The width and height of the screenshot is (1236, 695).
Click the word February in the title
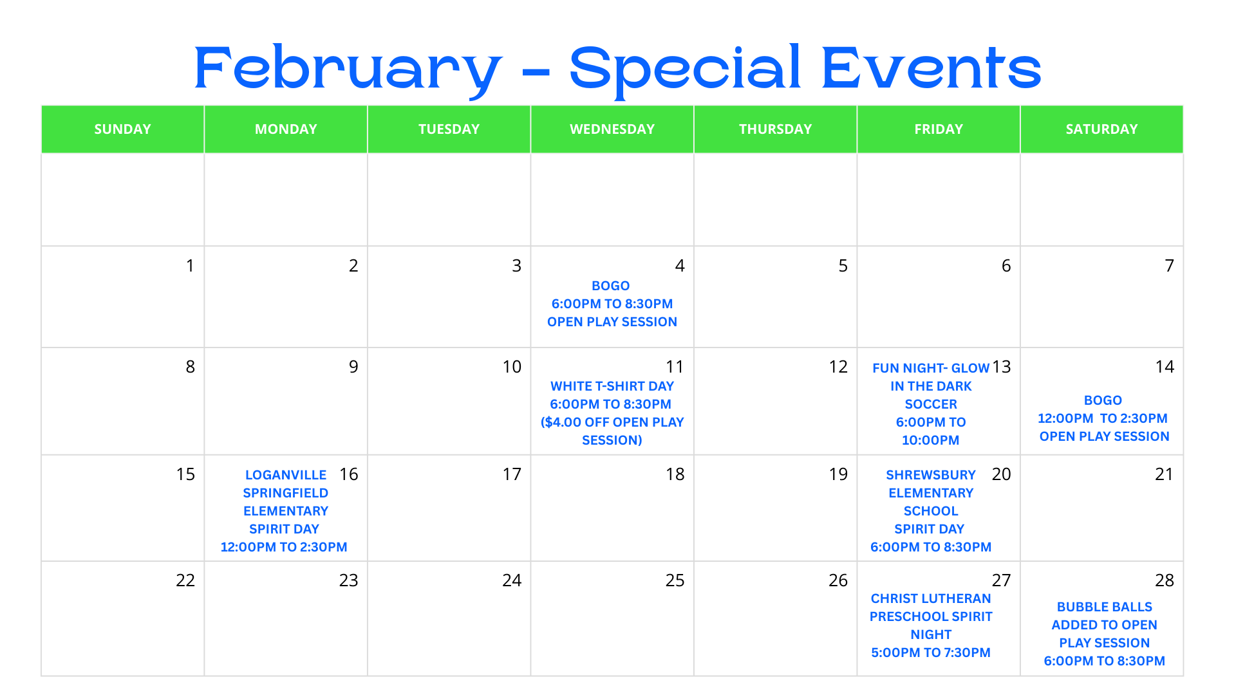coord(348,68)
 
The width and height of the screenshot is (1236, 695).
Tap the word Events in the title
coord(931,68)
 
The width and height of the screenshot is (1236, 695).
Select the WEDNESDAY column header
coord(612,129)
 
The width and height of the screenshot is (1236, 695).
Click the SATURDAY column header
coord(1101,129)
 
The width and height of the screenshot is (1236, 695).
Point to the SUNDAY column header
coord(122,129)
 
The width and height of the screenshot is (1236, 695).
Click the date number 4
coord(680,266)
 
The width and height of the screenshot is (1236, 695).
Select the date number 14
coord(1164,367)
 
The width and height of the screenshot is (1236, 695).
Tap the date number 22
coord(185,580)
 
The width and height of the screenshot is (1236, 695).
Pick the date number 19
coord(838,474)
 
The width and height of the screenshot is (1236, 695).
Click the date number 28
coord(1164,580)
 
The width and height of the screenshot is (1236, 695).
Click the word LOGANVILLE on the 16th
coord(286,475)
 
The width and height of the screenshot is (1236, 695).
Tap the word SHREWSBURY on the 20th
coord(930,475)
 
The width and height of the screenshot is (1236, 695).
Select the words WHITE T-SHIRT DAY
coord(612,386)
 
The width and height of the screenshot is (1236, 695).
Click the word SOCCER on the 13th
coord(931,404)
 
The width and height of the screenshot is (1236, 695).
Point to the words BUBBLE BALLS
coord(1104,607)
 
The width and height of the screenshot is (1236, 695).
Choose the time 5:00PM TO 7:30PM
coord(930,653)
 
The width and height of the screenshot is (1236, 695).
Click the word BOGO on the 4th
coord(610,286)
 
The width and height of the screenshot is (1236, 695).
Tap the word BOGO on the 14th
coord(1103,400)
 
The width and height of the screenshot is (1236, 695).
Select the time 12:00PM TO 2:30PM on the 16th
coord(284,547)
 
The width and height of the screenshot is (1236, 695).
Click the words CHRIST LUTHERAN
coord(930,598)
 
